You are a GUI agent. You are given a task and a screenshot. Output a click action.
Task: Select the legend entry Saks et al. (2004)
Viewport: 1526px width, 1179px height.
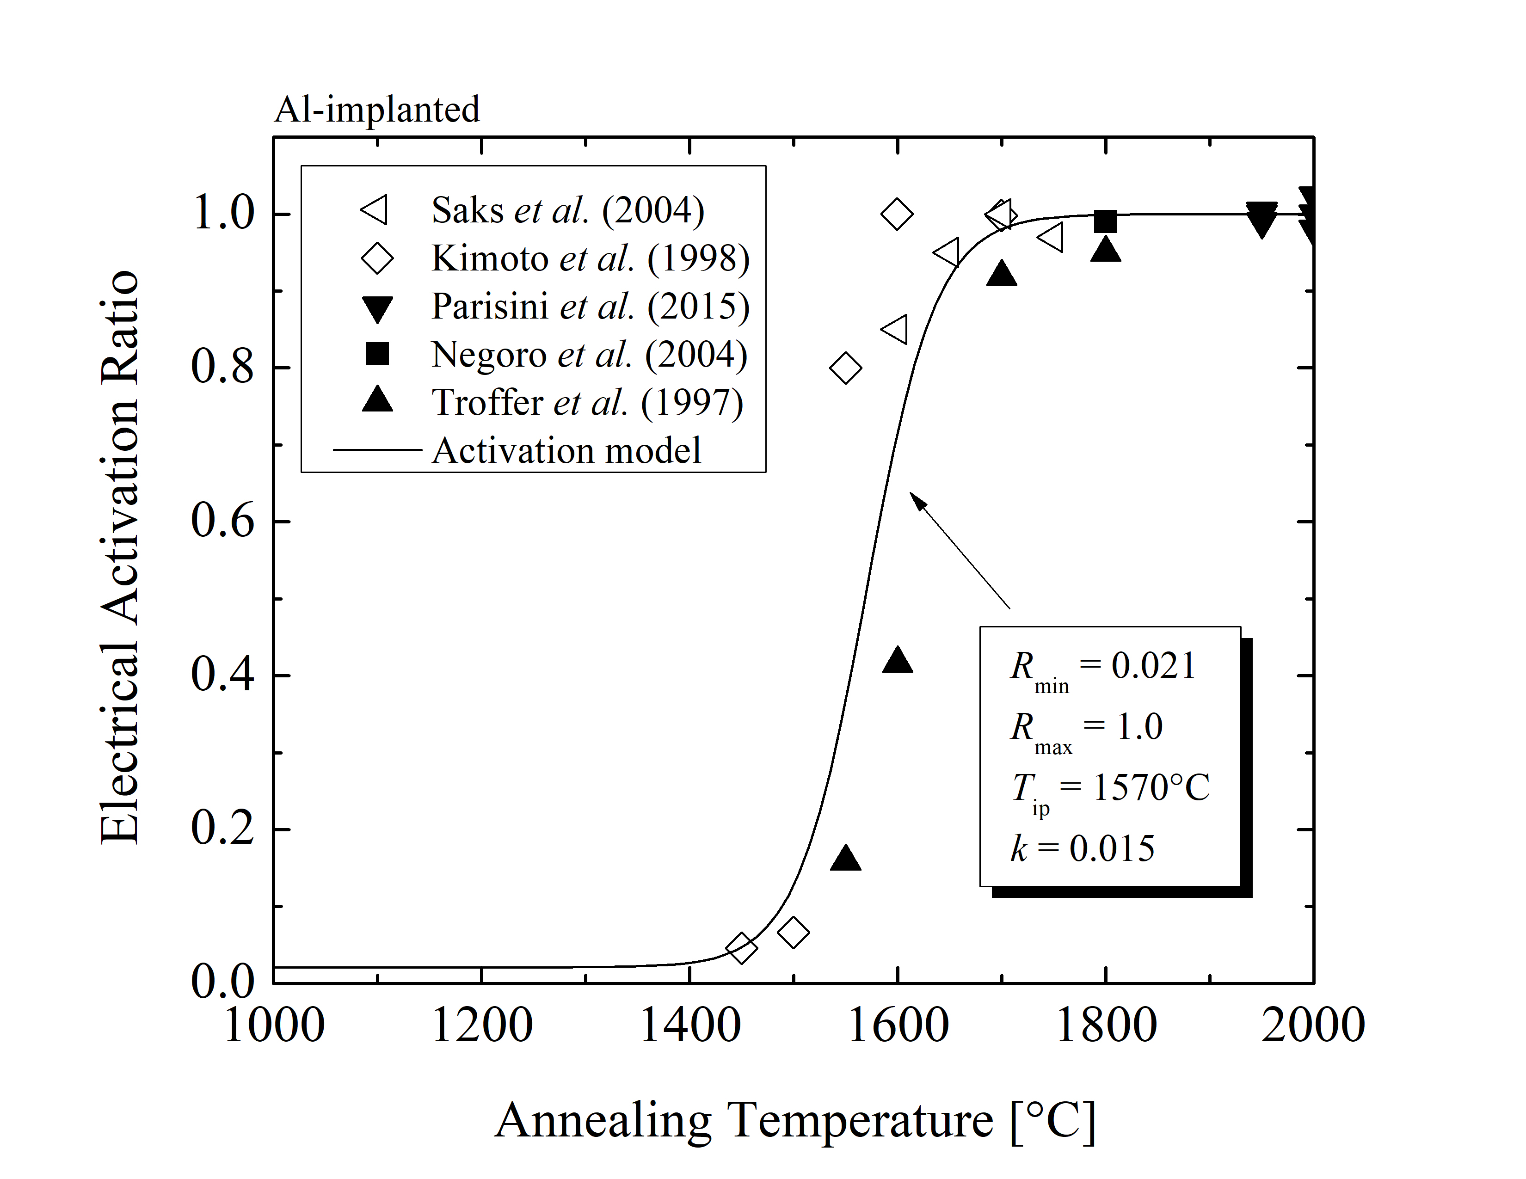[x=567, y=210]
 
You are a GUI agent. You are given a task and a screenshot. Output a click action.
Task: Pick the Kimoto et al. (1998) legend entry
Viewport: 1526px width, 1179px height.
[x=591, y=258]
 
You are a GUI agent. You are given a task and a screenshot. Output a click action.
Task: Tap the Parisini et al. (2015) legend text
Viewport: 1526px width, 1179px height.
[x=591, y=307]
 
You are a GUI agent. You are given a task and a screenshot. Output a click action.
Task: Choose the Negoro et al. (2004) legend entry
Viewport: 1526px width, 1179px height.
[x=589, y=355]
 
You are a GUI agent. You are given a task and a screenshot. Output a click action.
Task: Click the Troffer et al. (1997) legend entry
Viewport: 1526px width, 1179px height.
[x=587, y=403]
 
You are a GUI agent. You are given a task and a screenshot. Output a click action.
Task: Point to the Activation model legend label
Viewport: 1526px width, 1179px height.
[x=566, y=450]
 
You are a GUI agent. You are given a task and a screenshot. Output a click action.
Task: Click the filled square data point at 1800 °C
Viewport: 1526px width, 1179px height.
[x=1105, y=221]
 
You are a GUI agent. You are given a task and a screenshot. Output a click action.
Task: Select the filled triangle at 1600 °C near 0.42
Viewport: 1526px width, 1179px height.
[x=897, y=661]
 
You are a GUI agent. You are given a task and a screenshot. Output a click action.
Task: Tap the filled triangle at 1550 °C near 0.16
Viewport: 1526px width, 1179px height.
[x=845, y=859]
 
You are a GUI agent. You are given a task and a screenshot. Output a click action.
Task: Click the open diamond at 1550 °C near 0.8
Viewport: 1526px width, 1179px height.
[x=845, y=368]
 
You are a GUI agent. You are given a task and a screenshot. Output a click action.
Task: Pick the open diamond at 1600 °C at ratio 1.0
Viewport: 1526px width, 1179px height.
[x=897, y=214]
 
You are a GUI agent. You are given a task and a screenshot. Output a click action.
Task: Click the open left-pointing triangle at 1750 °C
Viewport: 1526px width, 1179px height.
[x=1052, y=238]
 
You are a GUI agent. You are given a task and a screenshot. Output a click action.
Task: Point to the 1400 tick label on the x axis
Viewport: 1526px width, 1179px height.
[x=689, y=1025]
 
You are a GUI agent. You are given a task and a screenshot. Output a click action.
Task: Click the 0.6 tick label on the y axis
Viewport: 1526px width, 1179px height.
[x=222, y=521]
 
